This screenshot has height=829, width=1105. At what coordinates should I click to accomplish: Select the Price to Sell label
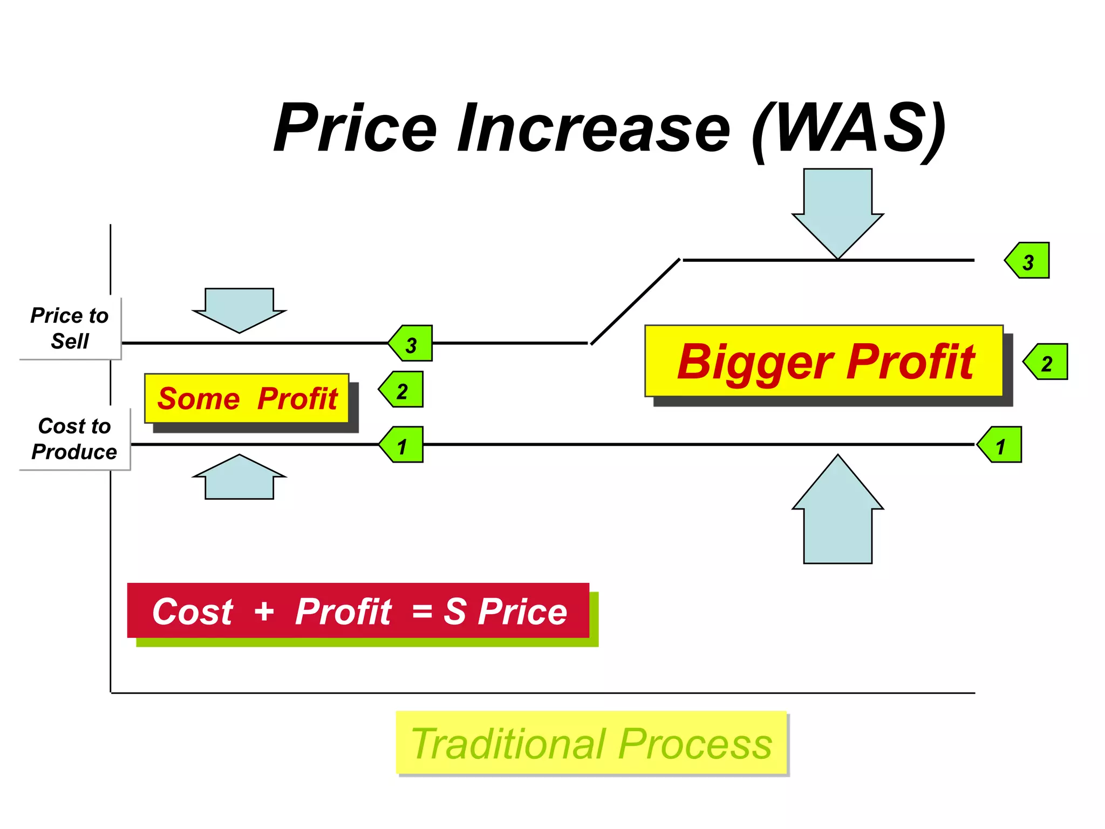pyautogui.click(x=70, y=328)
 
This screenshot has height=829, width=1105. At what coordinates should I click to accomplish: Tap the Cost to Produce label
pyautogui.click(x=74, y=439)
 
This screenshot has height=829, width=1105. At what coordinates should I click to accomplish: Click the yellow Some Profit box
pyautogui.click(x=247, y=398)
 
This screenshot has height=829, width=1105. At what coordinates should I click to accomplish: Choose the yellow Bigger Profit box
pyautogui.click(x=824, y=361)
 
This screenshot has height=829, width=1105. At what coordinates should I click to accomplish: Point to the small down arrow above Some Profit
pyautogui.click(x=239, y=310)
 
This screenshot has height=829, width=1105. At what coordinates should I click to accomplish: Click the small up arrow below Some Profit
pyautogui.click(x=239, y=477)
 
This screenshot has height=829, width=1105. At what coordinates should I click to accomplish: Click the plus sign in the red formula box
pyautogui.click(x=264, y=611)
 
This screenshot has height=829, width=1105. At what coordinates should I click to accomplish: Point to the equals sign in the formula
pyautogui.click(x=422, y=612)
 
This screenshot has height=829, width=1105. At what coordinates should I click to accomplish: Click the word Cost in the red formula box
pyautogui.click(x=193, y=611)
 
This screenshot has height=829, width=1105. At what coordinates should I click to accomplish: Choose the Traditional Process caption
pyautogui.click(x=591, y=744)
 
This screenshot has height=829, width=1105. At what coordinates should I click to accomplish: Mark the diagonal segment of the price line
pyautogui.click(x=635, y=302)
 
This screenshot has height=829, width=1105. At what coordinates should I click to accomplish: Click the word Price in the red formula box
pyautogui.click(x=522, y=611)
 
